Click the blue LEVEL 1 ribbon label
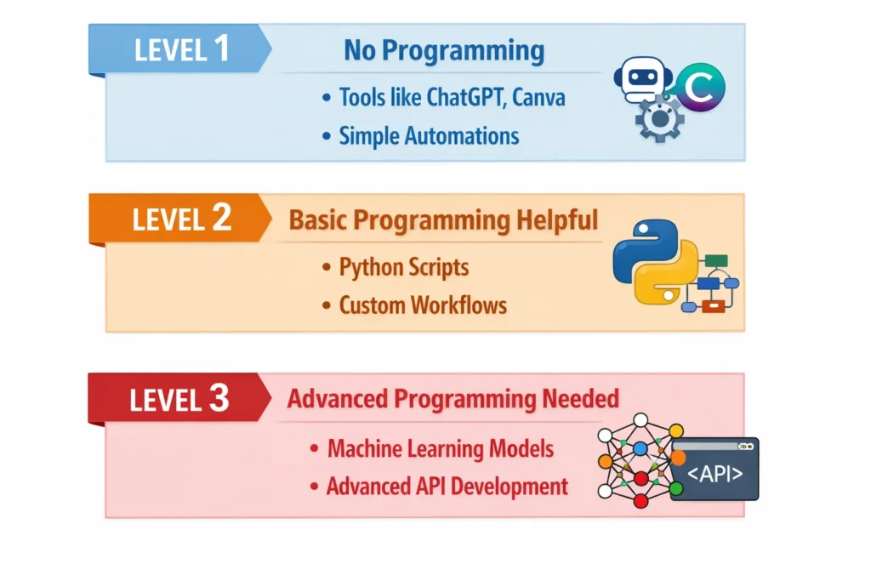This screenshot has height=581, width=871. pos(180,48)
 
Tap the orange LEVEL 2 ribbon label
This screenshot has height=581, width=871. pos(180,219)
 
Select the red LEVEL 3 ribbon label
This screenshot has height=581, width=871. pos(179,398)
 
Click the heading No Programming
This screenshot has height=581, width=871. pos(443,51)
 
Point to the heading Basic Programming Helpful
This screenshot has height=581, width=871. pos(443,220)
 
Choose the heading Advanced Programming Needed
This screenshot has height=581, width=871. pos(453,398)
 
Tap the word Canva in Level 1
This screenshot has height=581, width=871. pos(538,97)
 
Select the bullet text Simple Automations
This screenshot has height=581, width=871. pos(429,136)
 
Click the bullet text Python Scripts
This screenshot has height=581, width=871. pos(404,267)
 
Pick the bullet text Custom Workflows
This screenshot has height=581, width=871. pos(423,305)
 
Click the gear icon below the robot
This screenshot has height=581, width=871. pos(659,120)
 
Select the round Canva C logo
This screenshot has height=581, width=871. pos(700,88)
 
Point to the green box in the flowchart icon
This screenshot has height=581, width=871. pos(717,260)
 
